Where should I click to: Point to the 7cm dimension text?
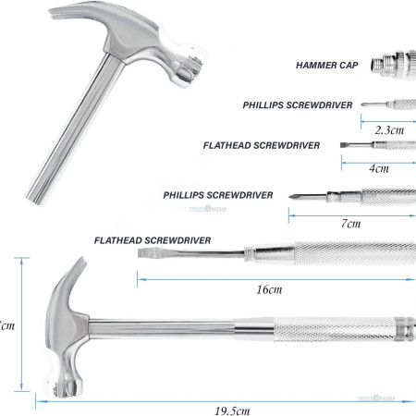point(350,225)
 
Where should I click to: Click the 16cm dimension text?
point(269,289)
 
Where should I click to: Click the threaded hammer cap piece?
point(394,66)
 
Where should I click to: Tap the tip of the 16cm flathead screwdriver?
point(141,252)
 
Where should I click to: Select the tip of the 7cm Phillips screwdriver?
point(292,198)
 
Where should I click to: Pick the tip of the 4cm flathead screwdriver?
point(344,145)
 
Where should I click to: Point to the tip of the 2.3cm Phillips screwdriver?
point(363,104)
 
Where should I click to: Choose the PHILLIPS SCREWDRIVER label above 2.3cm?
point(298,105)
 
